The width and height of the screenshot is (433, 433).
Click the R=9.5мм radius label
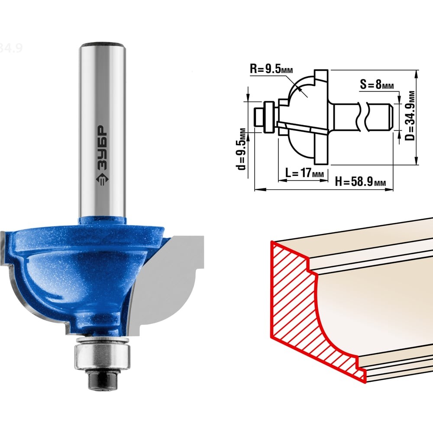click(x=271, y=68)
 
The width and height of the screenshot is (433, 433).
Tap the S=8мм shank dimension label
click(x=377, y=84)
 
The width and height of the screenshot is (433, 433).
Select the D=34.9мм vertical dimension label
click(x=410, y=116)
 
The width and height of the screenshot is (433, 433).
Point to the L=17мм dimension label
click(x=304, y=173)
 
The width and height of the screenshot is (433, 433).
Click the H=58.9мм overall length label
click(x=360, y=182)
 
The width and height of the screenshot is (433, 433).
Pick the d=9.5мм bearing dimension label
click(x=241, y=149)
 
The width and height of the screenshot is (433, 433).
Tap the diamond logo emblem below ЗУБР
click(x=102, y=180)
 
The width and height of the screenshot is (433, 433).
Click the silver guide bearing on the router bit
click(x=102, y=355)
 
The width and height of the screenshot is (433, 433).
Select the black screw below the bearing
click(x=102, y=380)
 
